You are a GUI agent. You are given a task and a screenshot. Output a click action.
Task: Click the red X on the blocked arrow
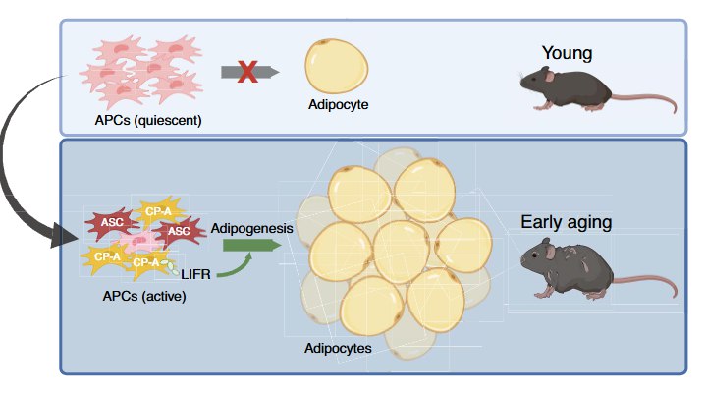click(248, 71)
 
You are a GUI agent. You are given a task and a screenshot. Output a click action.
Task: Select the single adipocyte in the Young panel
click(338, 66)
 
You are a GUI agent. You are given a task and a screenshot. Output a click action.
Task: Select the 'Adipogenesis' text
click(252, 227)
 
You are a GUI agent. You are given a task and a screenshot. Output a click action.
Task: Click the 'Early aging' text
click(567, 222)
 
